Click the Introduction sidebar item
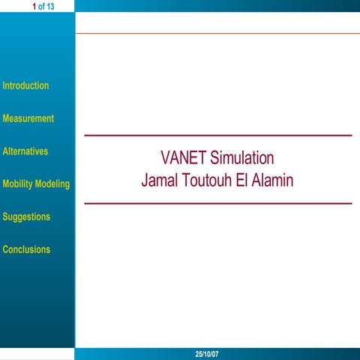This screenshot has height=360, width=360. pos(25,85)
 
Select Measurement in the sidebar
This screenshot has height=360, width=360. pos(28,118)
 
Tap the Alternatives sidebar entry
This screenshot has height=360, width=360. pos(25,151)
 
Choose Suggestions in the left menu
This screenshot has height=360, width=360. pos(26,217)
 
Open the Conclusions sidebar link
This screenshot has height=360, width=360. pos(26,250)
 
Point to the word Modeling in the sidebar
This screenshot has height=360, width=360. pos(53,184)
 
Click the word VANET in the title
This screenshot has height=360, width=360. pos(183,159)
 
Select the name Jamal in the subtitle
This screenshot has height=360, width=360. pos(160,181)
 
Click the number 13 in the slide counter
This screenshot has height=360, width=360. pos(50,7)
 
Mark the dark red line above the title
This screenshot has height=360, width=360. pos(217,136)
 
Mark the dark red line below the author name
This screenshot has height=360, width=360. pos(217,203)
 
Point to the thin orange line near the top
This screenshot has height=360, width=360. pos(217,33)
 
